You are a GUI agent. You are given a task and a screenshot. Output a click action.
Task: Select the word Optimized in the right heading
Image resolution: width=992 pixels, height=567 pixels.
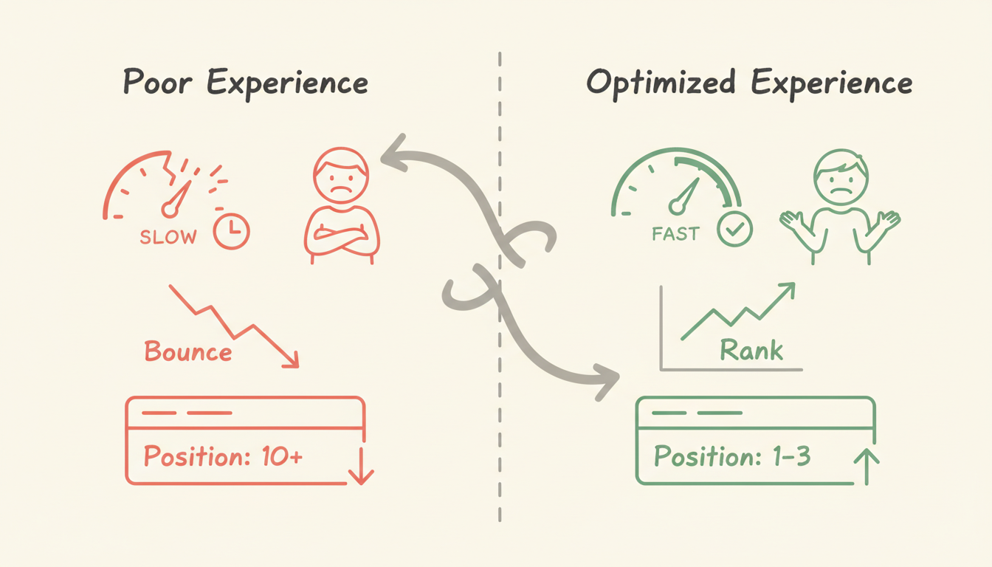661,83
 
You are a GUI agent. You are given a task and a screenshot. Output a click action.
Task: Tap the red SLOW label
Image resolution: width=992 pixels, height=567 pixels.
168,238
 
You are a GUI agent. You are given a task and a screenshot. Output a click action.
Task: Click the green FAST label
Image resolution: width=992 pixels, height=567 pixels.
675,234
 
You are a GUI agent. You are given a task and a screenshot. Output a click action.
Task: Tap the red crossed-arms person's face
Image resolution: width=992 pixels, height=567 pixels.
340,178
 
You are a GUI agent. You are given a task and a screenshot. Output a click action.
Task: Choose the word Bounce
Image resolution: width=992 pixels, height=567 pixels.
188,351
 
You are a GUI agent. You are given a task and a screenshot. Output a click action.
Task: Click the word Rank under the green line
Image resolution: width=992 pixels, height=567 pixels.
751,349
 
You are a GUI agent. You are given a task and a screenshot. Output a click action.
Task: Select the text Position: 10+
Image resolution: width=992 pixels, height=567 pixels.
223,456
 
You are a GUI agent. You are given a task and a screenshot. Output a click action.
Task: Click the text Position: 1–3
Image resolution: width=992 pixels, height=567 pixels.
732,457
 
